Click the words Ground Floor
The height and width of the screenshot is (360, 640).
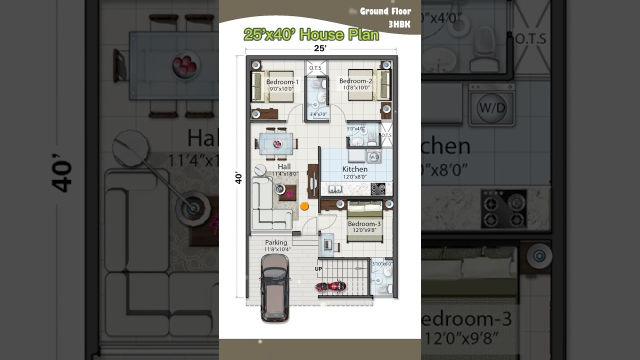(385, 11)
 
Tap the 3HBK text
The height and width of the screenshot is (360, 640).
(399, 24)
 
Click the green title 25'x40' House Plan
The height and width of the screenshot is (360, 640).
(311, 34)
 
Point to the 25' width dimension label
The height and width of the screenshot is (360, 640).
(320, 48)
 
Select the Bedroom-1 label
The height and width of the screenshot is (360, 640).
(282, 82)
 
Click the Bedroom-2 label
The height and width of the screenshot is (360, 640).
(355, 81)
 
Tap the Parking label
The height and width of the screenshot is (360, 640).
(276, 242)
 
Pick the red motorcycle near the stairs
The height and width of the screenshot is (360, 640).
(330, 286)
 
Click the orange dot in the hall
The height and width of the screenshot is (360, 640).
(304, 205)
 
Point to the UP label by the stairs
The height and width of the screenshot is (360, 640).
(318, 269)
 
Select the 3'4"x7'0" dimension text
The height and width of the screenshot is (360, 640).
(318, 114)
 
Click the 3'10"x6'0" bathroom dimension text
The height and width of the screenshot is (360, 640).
(382, 263)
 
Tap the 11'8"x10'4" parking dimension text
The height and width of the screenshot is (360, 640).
(277, 249)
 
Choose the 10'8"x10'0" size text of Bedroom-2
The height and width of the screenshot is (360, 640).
(356, 88)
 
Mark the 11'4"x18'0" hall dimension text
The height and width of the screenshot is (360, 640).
(284, 174)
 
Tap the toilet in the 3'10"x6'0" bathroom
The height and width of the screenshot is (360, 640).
(382, 288)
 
